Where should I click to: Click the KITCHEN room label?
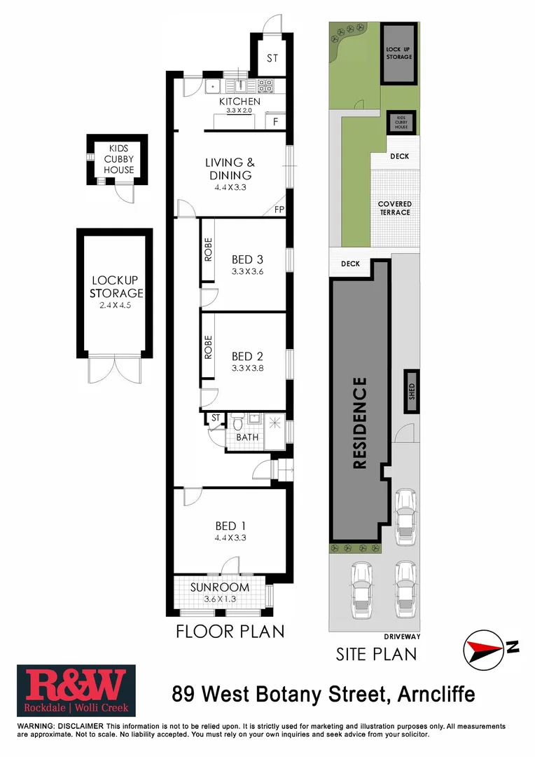click(x=239, y=102)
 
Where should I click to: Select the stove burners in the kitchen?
click(x=266, y=86)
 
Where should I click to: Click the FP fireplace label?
click(x=279, y=210)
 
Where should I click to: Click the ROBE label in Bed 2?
click(x=208, y=348)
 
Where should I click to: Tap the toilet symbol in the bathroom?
click(x=237, y=423)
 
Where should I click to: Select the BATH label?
click(x=246, y=437)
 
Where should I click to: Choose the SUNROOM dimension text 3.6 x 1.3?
click(x=220, y=599)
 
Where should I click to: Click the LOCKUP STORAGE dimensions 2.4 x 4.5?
click(x=117, y=306)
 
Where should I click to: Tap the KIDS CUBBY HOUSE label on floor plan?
click(x=118, y=159)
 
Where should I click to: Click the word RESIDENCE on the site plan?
click(x=359, y=423)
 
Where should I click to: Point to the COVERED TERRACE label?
click(x=395, y=207)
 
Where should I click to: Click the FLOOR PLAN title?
click(x=230, y=631)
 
